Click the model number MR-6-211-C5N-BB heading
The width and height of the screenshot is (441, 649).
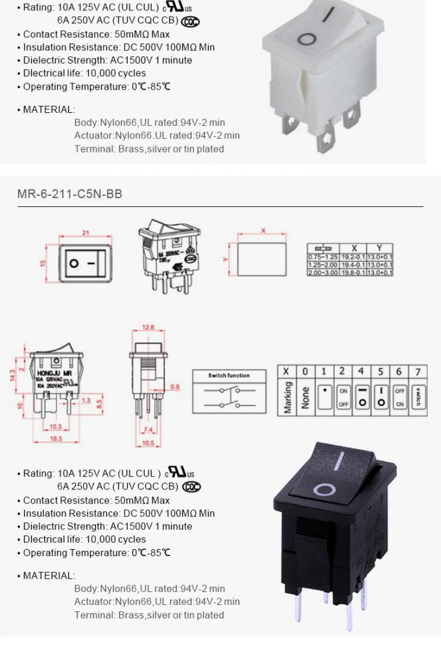[69, 194]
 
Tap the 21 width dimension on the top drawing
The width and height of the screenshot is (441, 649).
[85, 232]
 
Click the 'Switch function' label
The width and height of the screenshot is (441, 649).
[228, 376]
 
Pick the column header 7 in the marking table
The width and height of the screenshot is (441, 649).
[418, 371]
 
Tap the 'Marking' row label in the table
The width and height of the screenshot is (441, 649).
[287, 397]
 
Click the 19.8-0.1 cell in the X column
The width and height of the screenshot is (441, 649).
[354, 273]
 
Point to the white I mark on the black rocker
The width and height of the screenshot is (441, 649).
[338, 461]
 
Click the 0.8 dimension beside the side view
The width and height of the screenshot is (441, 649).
[175, 387]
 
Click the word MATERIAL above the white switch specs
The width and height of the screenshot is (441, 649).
[49, 109]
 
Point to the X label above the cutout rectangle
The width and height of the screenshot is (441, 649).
[263, 230]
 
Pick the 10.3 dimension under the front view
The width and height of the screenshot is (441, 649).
[55, 426]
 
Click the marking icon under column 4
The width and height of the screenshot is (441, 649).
[362, 397]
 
